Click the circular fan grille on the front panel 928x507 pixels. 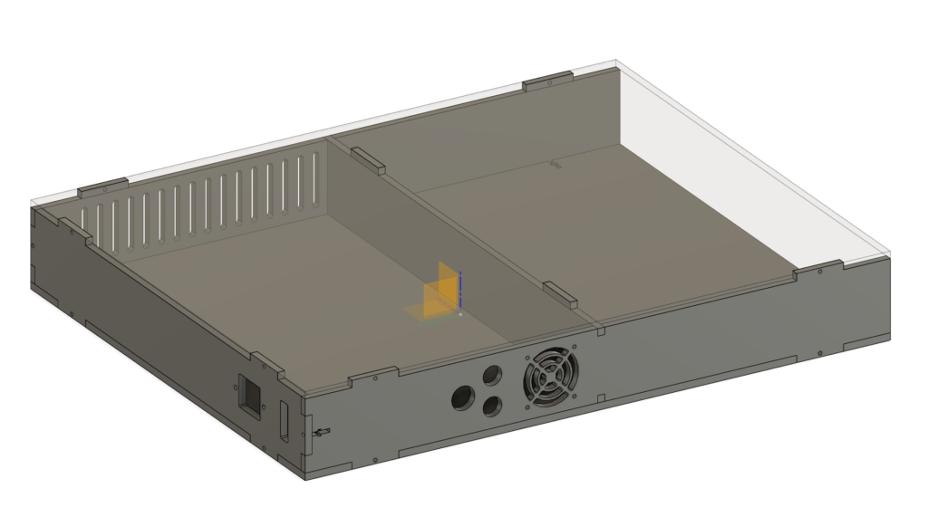550,378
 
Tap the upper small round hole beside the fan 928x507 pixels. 493,374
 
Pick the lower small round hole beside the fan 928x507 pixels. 492,407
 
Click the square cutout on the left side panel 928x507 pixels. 248,393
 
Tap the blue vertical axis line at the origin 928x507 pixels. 460,288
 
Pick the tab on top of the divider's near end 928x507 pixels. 560,292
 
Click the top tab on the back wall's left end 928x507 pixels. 101,187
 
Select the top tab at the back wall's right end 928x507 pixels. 548,81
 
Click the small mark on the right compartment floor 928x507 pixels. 556,165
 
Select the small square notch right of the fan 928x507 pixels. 599,396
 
